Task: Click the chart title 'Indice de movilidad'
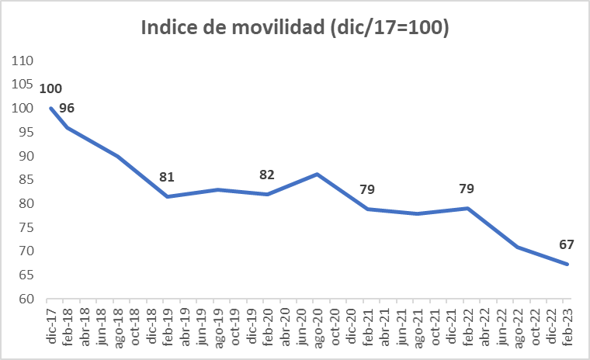pyautogui.click(x=295, y=28)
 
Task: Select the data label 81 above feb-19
pyautogui.click(x=167, y=177)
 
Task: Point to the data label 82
pyautogui.click(x=267, y=175)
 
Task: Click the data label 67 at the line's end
pyautogui.click(x=566, y=245)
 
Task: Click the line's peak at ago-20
pyautogui.click(x=318, y=175)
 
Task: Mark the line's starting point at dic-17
pyautogui.click(x=50, y=108)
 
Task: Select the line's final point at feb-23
pyautogui.click(x=568, y=265)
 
